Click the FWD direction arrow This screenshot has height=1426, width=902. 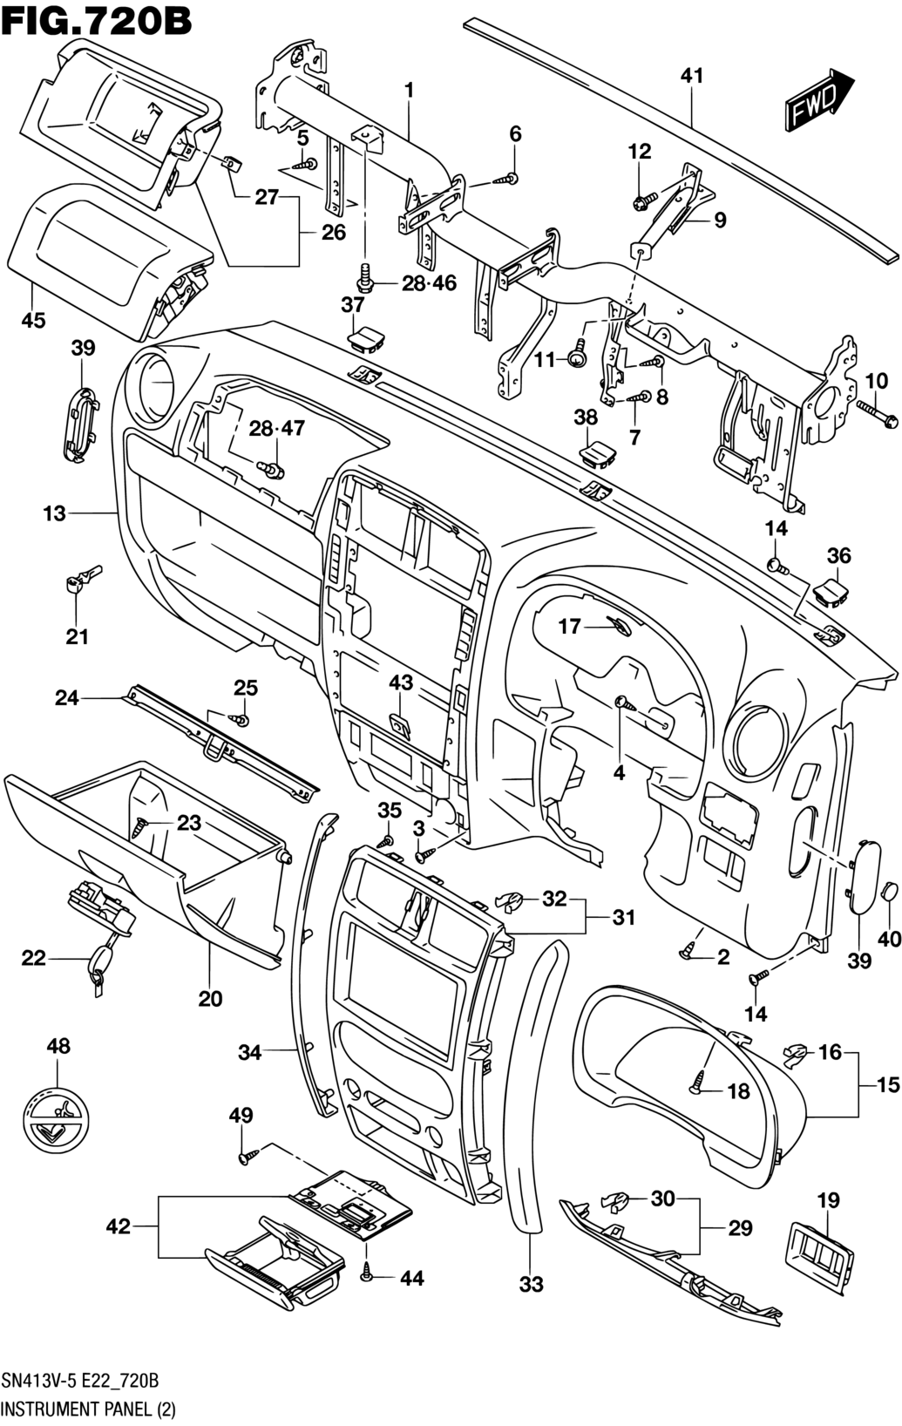[x=820, y=101]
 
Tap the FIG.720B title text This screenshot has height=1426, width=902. [x=97, y=20]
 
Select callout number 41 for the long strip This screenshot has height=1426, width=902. [x=691, y=76]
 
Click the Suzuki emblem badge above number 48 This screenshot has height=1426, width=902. [x=58, y=1122]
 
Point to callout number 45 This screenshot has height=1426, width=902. [x=33, y=321]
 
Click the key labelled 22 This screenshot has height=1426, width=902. [x=97, y=965]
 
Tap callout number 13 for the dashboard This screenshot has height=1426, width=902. [x=54, y=513]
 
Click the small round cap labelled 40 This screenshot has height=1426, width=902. [x=889, y=891]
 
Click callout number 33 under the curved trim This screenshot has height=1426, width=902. [x=531, y=1284]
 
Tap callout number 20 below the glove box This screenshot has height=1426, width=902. [x=210, y=998]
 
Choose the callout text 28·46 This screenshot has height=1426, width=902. [x=429, y=283]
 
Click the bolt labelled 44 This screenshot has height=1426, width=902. [x=367, y=1275]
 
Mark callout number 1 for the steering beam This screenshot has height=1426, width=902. [x=408, y=90]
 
